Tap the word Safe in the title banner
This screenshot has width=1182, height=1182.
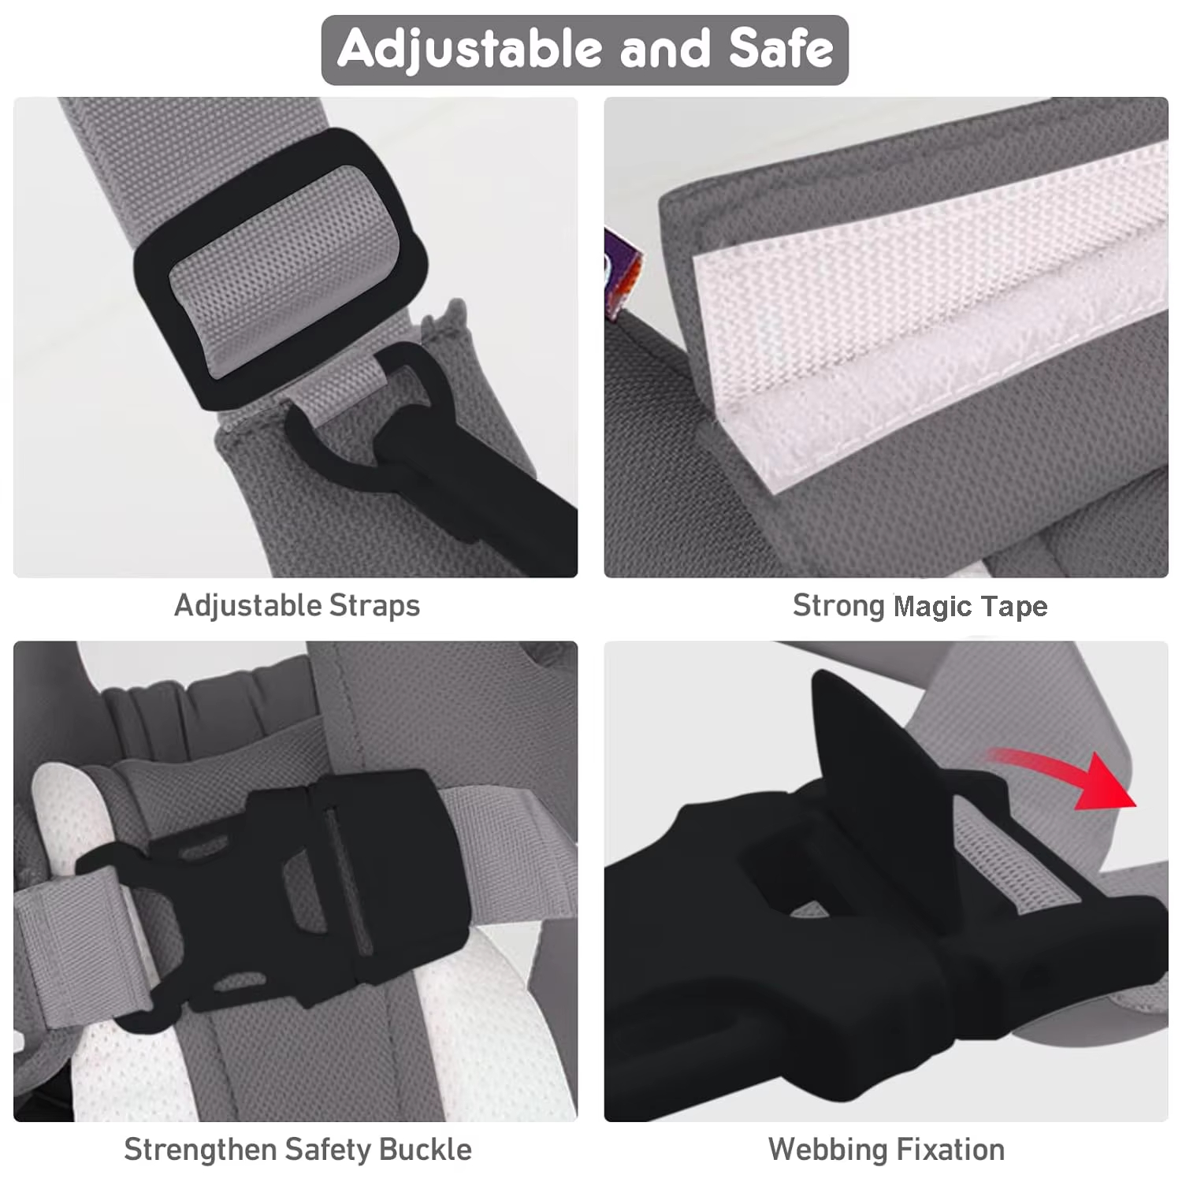tap(780, 49)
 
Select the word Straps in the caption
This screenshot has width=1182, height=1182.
tap(374, 605)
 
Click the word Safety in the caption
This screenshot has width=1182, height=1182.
tap(328, 1150)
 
